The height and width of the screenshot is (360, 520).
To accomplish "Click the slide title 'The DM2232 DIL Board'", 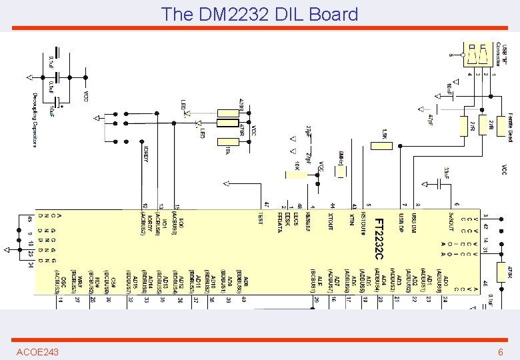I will coord(259,14).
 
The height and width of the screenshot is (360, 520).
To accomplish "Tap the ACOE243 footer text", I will coord(37,351).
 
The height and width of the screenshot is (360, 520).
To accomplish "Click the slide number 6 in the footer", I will coord(500,351).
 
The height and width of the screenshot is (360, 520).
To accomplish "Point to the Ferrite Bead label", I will coord(509,126).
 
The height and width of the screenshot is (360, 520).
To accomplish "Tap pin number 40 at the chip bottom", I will coord(245,301).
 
